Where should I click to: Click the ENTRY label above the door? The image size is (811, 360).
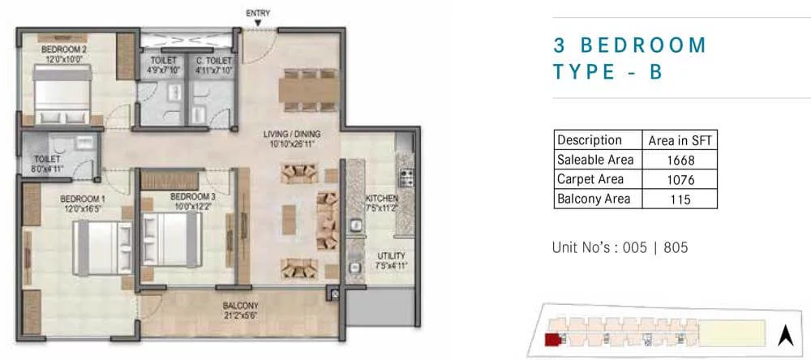258,14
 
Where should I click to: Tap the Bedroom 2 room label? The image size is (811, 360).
64,49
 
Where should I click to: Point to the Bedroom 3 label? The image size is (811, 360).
192,196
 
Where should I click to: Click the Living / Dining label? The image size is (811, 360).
292,135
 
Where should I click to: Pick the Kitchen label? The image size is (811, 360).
382,199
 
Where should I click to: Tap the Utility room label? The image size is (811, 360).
391,256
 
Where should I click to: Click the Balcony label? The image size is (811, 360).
241,306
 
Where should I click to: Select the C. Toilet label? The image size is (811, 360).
214,61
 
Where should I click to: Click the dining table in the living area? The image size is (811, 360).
309,90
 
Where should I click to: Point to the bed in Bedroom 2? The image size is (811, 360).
62,94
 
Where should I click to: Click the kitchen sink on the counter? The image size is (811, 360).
355,226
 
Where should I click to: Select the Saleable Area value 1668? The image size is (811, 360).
680,160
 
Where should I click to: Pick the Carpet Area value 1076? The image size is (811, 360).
680,179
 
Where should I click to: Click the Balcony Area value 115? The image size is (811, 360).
680,199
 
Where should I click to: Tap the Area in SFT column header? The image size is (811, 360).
680,140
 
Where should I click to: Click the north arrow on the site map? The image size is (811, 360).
786,336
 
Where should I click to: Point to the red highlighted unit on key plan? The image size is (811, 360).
552,339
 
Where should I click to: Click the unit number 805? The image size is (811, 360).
675,248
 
